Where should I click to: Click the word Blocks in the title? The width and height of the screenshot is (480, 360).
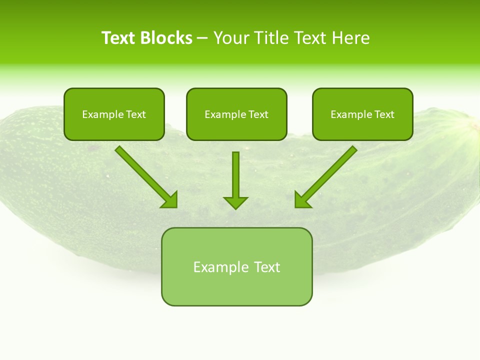(x=167, y=38)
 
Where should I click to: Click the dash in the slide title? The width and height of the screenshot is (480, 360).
(x=203, y=38)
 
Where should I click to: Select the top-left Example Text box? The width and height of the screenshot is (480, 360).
(x=114, y=114)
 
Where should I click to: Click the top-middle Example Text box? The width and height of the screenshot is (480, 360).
(x=236, y=114)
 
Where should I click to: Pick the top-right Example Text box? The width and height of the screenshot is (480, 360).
(x=362, y=114)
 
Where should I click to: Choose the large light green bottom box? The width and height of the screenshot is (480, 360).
(x=236, y=266)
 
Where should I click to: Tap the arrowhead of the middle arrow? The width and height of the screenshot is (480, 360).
(x=235, y=202)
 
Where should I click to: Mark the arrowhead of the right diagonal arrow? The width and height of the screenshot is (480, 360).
(x=301, y=200)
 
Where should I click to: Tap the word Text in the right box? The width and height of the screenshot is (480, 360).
(x=384, y=114)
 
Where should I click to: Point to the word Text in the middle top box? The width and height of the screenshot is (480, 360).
(x=258, y=114)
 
